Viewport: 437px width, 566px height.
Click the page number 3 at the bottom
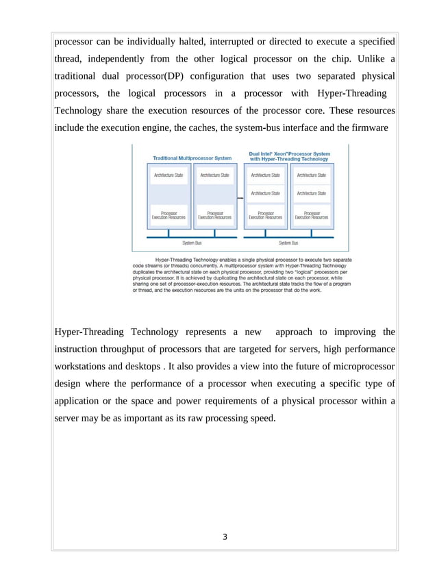point(224,537)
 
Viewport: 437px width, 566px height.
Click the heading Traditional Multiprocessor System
point(192,158)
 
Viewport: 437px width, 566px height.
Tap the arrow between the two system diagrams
point(240,198)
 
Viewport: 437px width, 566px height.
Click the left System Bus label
point(192,243)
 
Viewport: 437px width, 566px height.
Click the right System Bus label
point(288,243)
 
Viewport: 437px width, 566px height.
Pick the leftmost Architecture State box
point(168,175)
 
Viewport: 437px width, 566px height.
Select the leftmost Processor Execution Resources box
point(168,215)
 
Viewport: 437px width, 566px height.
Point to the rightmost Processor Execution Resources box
point(312,215)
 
